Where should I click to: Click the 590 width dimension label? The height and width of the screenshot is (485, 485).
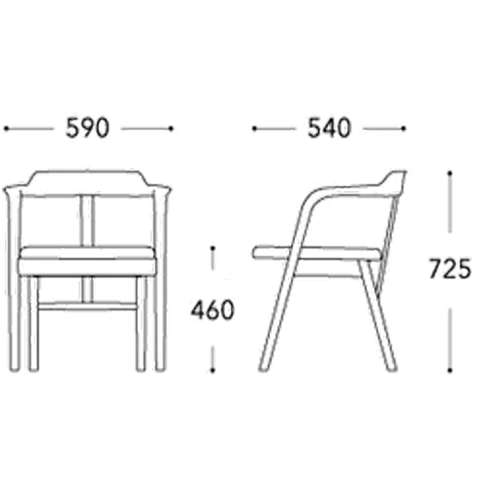click(87, 128)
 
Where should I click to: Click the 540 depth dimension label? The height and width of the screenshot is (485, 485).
click(329, 128)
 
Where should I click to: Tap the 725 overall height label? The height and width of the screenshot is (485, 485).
click(450, 269)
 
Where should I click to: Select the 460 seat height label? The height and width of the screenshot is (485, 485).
click(212, 309)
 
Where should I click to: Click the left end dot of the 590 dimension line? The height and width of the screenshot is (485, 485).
click(6, 129)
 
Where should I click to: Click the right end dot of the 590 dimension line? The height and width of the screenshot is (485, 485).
click(171, 129)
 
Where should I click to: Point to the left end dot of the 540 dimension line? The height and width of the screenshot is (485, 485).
click(254, 129)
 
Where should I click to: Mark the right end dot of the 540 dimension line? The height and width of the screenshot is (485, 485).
click(403, 129)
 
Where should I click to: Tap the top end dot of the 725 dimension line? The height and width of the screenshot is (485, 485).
click(449, 174)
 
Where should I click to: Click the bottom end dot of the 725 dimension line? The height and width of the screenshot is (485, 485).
click(449, 370)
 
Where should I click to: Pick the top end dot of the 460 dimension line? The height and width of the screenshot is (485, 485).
click(212, 248)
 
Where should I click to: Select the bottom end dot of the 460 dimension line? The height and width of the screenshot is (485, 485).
click(212, 370)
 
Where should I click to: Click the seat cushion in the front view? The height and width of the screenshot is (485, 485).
click(86, 262)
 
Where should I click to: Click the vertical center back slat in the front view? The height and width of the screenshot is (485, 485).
click(86, 220)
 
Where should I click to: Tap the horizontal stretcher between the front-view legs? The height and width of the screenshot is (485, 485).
click(86, 307)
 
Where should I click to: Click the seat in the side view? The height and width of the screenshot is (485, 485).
click(318, 253)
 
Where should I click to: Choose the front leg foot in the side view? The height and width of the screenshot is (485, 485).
click(264, 368)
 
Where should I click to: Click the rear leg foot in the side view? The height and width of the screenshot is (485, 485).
click(392, 368)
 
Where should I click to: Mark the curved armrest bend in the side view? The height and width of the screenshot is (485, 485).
click(312, 198)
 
